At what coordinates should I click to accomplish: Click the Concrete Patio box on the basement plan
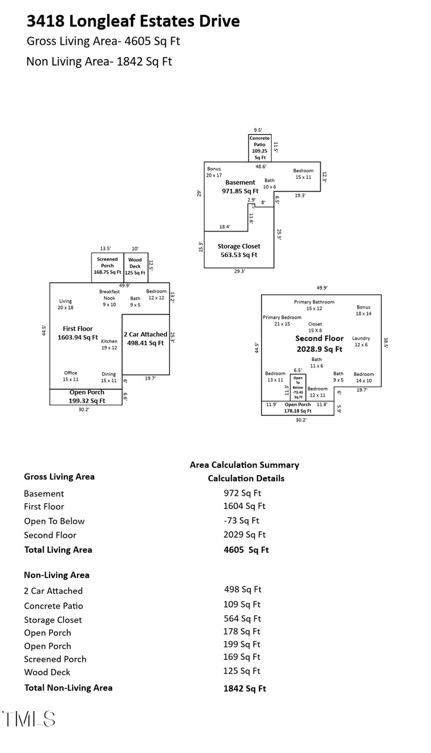click(260, 147)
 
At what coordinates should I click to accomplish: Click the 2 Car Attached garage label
click(145, 339)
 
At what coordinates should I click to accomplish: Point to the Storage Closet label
click(239, 250)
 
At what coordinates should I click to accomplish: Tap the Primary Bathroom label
click(314, 305)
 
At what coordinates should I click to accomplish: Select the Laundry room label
click(361, 341)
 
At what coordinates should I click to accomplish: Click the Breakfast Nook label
click(109, 298)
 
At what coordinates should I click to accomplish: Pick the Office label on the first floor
click(71, 376)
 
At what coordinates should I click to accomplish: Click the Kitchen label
click(109, 344)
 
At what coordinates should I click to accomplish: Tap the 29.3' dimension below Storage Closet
click(239, 272)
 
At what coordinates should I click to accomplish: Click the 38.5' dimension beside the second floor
click(386, 343)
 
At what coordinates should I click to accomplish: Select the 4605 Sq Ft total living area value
click(246, 550)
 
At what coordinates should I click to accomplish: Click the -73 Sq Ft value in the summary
click(241, 520)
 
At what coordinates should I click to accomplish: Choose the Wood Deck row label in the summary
click(47, 672)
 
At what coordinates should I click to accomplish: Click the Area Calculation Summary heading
click(244, 465)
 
